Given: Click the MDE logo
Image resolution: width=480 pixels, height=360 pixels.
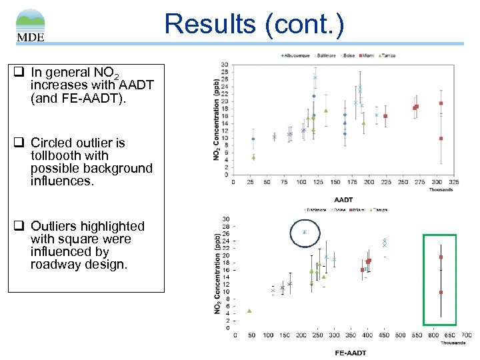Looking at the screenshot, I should click(x=31, y=25).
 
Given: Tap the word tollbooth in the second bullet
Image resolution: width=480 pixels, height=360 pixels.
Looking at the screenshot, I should click(x=56, y=155).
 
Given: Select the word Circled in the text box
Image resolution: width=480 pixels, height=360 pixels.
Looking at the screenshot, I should click(x=53, y=143).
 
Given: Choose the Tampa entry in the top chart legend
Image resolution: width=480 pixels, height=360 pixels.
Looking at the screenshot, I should click(x=386, y=55).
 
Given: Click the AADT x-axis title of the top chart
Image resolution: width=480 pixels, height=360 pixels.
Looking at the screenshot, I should click(x=343, y=199).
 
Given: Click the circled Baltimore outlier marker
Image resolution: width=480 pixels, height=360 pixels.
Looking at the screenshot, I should click(x=304, y=232).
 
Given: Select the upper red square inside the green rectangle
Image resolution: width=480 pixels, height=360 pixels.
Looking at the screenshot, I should click(x=441, y=257).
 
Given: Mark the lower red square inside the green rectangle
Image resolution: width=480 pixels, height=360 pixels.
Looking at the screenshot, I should click(x=441, y=292).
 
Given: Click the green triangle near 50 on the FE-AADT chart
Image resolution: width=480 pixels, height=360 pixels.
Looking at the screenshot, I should click(x=249, y=311).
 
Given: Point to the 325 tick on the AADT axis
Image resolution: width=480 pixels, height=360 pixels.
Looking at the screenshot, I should click(x=454, y=182).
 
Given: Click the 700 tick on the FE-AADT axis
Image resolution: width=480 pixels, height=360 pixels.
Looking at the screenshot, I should click(x=466, y=335).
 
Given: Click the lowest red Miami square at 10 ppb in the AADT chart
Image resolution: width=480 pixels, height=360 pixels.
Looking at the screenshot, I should click(x=441, y=139).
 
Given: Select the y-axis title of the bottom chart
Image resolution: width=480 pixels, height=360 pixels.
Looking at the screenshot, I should click(x=217, y=273).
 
